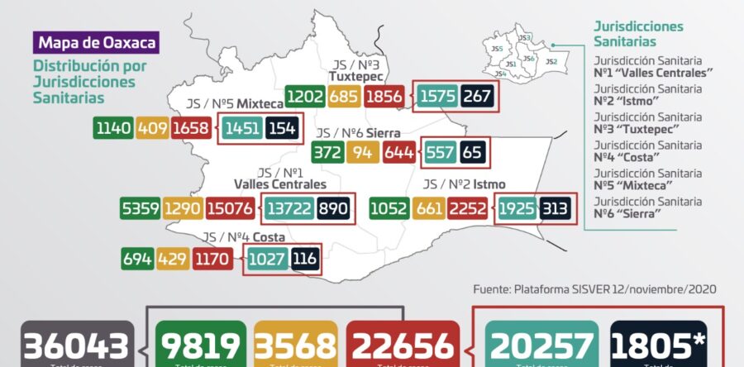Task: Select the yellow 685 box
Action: tap(343, 97)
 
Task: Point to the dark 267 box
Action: tap(477, 97)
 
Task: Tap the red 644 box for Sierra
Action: tap(399, 152)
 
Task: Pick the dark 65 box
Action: tap(471, 152)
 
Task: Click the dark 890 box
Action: tap(333, 210)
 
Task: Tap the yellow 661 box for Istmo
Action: tap(431, 210)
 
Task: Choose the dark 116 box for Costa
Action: tap(303, 260)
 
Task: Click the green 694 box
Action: tap(138, 260)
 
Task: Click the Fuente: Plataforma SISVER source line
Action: tap(594, 289)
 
